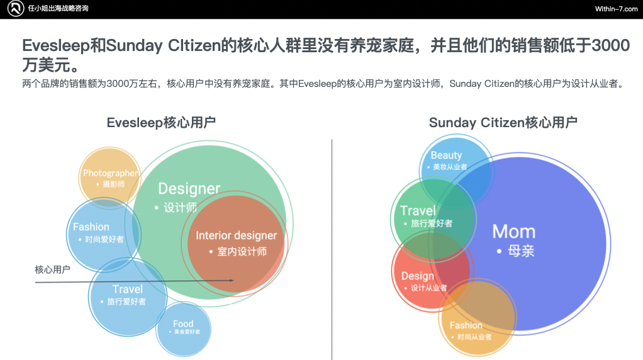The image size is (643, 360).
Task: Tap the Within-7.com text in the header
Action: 616,9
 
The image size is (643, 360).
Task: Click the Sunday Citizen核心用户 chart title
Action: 503,122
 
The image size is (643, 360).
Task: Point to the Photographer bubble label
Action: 110,173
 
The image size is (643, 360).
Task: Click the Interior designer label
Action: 236,235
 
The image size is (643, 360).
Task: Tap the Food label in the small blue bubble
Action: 183,324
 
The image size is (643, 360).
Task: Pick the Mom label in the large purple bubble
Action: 513,231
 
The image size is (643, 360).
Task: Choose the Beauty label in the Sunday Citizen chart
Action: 446,155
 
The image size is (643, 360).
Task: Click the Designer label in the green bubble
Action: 189,188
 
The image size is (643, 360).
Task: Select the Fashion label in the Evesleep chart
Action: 91,227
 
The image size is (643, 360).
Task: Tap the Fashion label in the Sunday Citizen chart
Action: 466,325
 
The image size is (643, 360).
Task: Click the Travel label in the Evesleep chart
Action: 128,289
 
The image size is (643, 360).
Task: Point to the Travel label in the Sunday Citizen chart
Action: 418,210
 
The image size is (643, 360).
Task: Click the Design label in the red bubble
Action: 418,276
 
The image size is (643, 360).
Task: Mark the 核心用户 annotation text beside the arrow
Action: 52,269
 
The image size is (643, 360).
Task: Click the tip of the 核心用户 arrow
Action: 233,281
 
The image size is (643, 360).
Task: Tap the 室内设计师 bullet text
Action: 242,252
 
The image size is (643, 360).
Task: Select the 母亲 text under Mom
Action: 521,250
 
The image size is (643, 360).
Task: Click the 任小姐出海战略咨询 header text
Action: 59,9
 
